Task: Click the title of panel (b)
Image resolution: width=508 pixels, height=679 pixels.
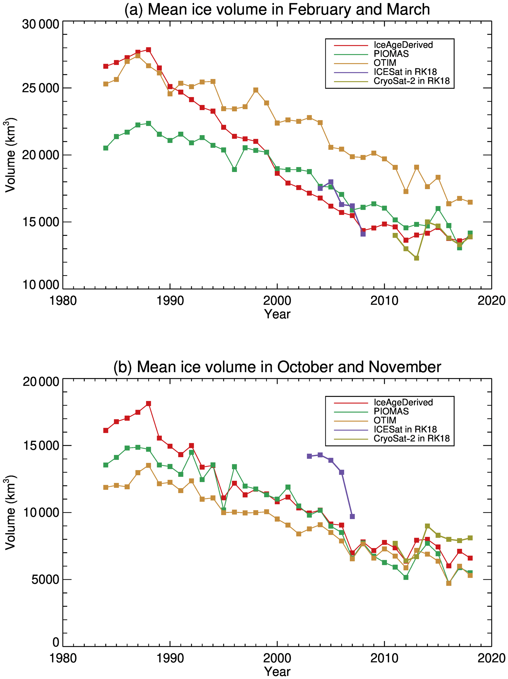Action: pyautogui.click(x=277, y=367)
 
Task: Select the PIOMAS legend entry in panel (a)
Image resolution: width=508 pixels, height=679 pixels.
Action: pyautogui.click(x=391, y=54)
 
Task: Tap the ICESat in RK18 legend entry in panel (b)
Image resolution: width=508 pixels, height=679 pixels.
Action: pyautogui.click(x=405, y=429)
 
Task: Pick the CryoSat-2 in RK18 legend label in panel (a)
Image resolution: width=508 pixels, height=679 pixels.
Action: pyautogui.click(x=411, y=81)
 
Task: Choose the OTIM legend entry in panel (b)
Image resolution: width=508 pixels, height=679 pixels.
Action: pyautogui.click(x=385, y=420)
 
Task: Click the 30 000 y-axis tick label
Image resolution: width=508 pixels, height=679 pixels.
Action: pyautogui.click(x=41, y=24)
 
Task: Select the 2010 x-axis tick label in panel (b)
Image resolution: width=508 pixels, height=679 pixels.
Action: pyautogui.click(x=384, y=658)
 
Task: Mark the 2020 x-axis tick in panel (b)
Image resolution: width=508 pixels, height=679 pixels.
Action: pyautogui.click(x=491, y=658)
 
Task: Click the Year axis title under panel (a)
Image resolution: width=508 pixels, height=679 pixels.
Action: pyautogui.click(x=277, y=314)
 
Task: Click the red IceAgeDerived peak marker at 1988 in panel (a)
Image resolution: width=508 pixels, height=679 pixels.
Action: pyautogui.click(x=148, y=50)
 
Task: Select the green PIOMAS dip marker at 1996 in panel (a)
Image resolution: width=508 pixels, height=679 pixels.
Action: pyautogui.click(x=234, y=170)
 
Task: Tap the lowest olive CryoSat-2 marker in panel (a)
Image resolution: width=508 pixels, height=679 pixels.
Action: pyautogui.click(x=417, y=258)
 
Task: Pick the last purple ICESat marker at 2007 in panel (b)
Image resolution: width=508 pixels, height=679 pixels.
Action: pyautogui.click(x=352, y=517)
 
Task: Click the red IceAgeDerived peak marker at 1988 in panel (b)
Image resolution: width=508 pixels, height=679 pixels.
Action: pyautogui.click(x=148, y=404)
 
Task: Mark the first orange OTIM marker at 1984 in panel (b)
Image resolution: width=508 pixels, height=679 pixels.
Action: pyautogui.click(x=106, y=487)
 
